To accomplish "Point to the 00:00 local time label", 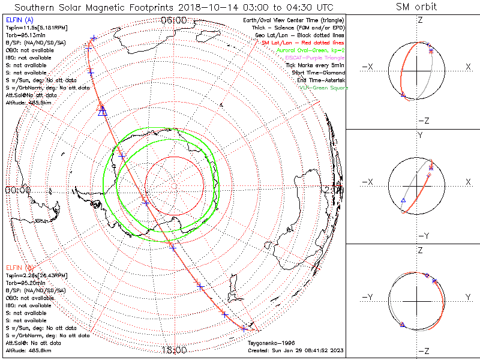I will point(18,190).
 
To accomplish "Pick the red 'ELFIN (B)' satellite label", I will point(19,267).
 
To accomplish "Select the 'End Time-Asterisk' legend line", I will point(319,80).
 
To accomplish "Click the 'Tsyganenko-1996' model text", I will point(269,343).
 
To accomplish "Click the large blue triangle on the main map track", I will point(102,111).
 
